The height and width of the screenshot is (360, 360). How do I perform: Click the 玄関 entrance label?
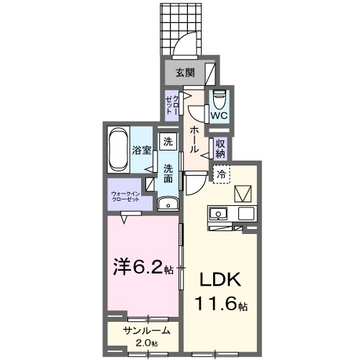pyautogui.click(x=184, y=72)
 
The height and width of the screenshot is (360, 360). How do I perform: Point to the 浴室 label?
pyautogui.click(x=141, y=150)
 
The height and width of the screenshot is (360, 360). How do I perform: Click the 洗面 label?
pyautogui.click(x=167, y=174)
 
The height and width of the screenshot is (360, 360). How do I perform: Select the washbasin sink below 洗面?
pyautogui.click(x=168, y=203)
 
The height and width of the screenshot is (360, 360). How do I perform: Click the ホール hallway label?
pyautogui.click(x=194, y=138)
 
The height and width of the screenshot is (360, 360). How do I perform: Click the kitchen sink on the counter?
pyautogui.click(x=218, y=213)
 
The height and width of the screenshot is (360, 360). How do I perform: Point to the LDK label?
pyautogui.click(x=218, y=279)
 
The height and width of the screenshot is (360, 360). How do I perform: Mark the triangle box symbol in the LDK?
pyautogui.click(x=243, y=193)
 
